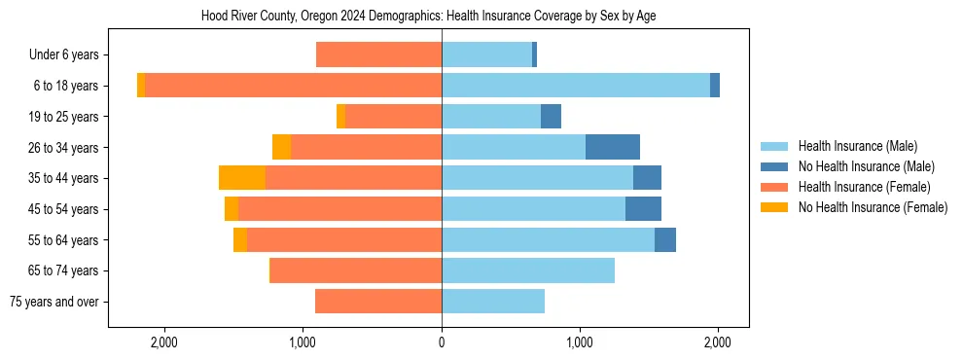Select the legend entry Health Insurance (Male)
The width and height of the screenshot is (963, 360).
(x=856, y=146)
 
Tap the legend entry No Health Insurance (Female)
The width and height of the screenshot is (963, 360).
(x=873, y=207)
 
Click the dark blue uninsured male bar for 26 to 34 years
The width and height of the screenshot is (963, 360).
(x=613, y=147)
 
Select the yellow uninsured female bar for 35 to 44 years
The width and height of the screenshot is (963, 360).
(x=242, y=178)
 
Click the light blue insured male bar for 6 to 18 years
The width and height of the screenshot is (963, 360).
(x=576, y=86)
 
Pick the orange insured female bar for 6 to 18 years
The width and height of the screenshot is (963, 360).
(x=293, y=86)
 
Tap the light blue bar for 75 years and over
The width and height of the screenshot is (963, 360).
(x=493, y=302)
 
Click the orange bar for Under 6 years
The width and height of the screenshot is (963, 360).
(x=379, y=55)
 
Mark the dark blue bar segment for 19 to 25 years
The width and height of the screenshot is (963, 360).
(x=551, y=117)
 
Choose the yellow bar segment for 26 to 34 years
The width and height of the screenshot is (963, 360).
(x=281, y=147)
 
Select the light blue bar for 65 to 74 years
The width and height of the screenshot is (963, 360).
(x=528, y=270)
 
